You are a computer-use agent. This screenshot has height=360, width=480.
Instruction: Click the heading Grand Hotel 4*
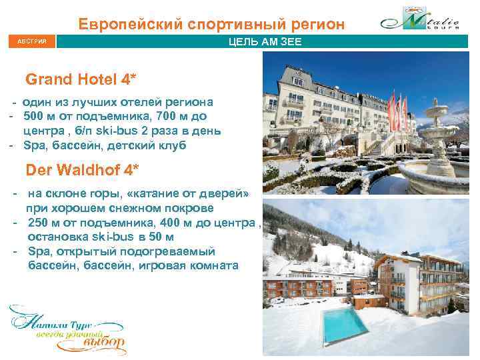tap(81, 81)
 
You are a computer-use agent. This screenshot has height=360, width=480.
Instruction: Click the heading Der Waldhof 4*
tap(83, 169)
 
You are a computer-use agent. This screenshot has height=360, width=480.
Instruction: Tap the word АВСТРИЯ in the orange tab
tap(29, 43)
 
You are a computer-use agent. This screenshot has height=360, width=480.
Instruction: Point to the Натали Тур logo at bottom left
tap(66, 329)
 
